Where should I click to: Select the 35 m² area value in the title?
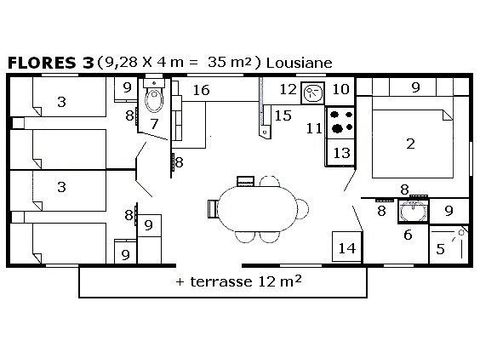(228, 62)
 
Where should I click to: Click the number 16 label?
(202, 91)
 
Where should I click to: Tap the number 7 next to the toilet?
(155, 123)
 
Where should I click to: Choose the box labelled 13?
(340, 152)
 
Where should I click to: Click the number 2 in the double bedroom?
(409, 144)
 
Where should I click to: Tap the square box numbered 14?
(347, 246)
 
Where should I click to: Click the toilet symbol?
(152, 98)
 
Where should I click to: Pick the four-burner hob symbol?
(340, 122)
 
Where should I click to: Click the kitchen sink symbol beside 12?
(312, 91)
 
